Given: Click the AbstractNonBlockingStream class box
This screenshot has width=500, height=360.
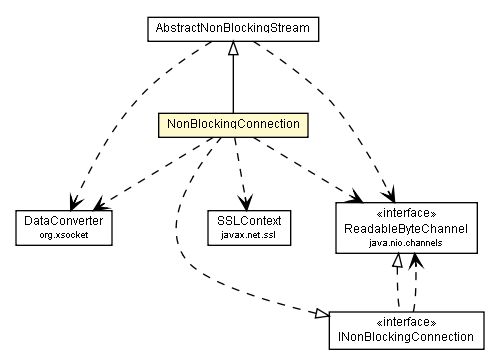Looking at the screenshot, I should (232, 29).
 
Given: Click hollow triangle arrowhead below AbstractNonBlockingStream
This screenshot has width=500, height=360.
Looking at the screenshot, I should (233, 48).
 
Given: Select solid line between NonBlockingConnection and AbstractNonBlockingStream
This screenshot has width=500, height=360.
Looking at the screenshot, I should (233, 85).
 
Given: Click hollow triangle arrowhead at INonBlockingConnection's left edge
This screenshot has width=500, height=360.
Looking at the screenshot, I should (320, 315).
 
